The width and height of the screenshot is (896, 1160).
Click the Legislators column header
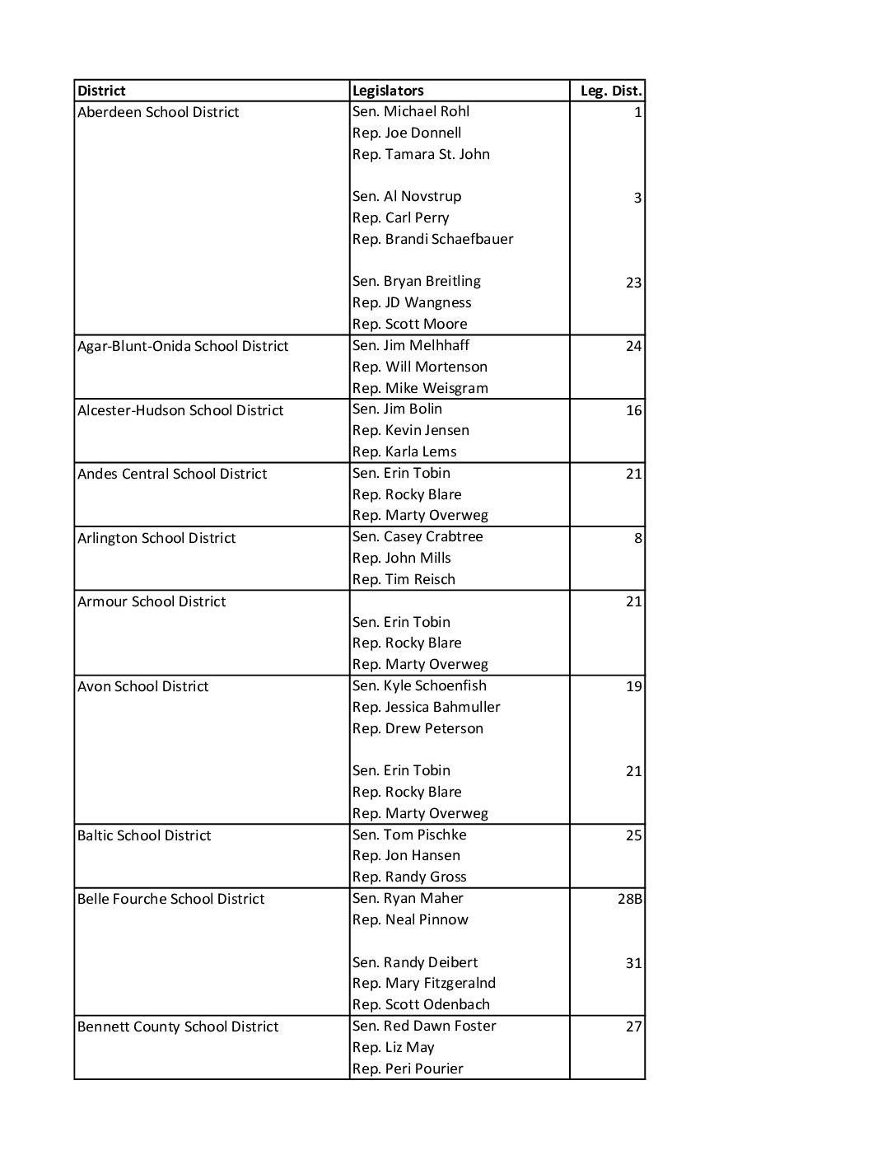pyautogui.click(x=388, y=91)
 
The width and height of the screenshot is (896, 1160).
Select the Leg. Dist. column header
pyautogui.click(x=610, y=91)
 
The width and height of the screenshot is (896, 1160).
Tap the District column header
pyautogui.click(x=101, y=91)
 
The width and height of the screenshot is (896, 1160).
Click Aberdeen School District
pyautogui.click(x=158, y=112)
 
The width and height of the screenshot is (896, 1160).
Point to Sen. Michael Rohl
pyautogui.click(x=411, y=111)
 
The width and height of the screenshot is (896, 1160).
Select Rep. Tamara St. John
pyautogui.click(x=421, y=154)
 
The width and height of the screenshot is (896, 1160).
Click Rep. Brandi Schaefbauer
pyautogui.click(x=432, y=239)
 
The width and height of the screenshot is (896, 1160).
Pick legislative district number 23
pyautogui.click(x=632, y=283)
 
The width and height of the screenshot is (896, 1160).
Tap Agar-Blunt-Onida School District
pyautogui.click(x=183, y=346)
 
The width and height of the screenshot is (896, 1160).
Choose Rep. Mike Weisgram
pyautogui.click(x=420, y=388)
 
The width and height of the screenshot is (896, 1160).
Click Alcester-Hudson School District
pyautogui.click(x=180, y=410)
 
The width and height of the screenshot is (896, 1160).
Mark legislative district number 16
pyautogui.click(x=632, y=410)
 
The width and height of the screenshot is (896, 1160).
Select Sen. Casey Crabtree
pyautogui.click(x=418, y=536)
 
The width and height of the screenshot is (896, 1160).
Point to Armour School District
pyautogui.click(x=152, y=601)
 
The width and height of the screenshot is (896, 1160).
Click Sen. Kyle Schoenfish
pyautogui.click(x=419, y=685)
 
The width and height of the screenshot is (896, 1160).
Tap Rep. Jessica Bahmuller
pyautogui.click(x=426, y=707)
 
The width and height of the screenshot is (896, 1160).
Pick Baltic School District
pyautogui.click(x=144, y=835)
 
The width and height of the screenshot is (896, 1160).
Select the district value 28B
pyautogui.click(x=629, y=899)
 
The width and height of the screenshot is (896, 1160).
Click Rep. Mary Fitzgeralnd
pyautogui.click(x=424, y=983)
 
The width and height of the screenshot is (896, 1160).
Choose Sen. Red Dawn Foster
pyautogui.click(x=424, y=1026)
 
